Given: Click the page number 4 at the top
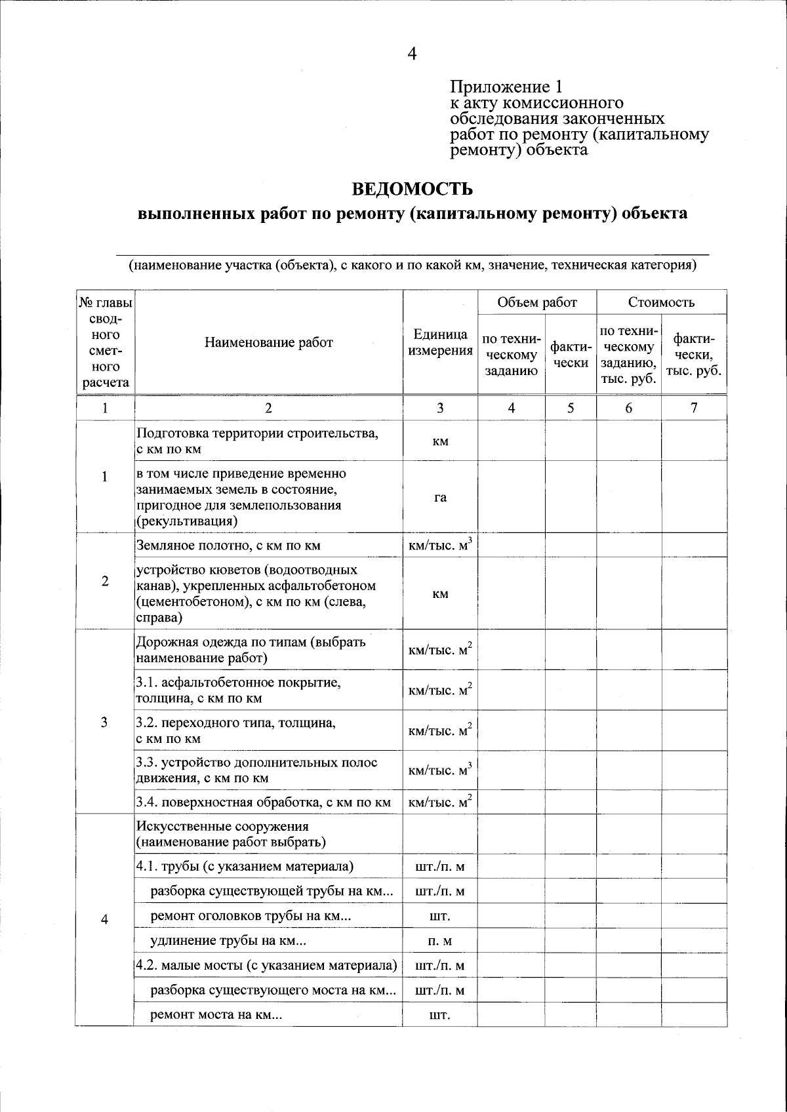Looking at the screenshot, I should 411,54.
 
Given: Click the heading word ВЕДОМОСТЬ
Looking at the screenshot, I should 412,189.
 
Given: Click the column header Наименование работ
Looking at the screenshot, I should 268,342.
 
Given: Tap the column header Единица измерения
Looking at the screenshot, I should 440,342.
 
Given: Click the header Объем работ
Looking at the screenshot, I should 536,302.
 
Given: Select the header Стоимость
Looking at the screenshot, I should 660,302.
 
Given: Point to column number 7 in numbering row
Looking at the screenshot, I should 693,408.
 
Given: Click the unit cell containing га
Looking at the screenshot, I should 440,497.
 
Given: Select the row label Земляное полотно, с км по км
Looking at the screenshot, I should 228,546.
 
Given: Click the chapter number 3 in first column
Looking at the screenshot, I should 104,722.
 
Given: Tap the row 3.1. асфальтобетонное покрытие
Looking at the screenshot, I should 238,690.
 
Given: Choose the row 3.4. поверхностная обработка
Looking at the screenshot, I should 263,802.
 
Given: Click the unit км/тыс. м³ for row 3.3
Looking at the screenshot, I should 440,770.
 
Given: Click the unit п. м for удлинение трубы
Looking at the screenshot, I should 440,942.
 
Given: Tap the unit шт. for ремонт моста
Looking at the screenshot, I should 440,1015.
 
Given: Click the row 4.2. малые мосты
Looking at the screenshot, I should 266,966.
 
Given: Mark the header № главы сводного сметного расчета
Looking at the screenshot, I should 104,342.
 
